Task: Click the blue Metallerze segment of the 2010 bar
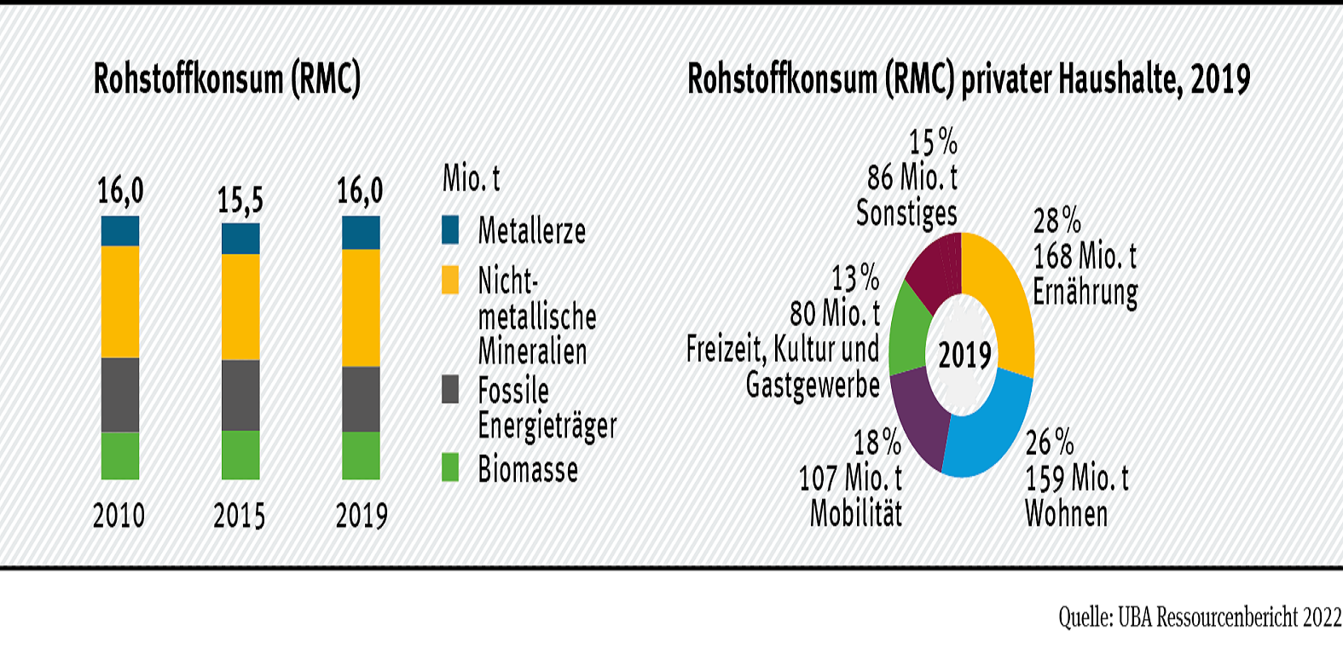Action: (120, 231)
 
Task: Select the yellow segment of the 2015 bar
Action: (240, 307)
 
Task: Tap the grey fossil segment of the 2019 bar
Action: (361, 399)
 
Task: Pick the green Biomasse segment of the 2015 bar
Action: (240, 455)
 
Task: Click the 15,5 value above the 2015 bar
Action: (240, 200)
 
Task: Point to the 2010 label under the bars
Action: (119, 516)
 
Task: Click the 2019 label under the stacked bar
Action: (362, 516)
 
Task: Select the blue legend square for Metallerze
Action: (450, 229)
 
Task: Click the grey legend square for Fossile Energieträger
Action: (450, 390)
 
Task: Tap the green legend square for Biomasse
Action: (450, 467)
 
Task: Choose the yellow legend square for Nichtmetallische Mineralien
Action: (450, 280)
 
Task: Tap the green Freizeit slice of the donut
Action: (908, 337)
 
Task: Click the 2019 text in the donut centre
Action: (965, 355)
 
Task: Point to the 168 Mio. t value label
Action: (1085, 256)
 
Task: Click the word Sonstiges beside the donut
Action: (906, 213)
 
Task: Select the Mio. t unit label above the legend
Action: (471, 179)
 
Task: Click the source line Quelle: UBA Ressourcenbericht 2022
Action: (1200, 617)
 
